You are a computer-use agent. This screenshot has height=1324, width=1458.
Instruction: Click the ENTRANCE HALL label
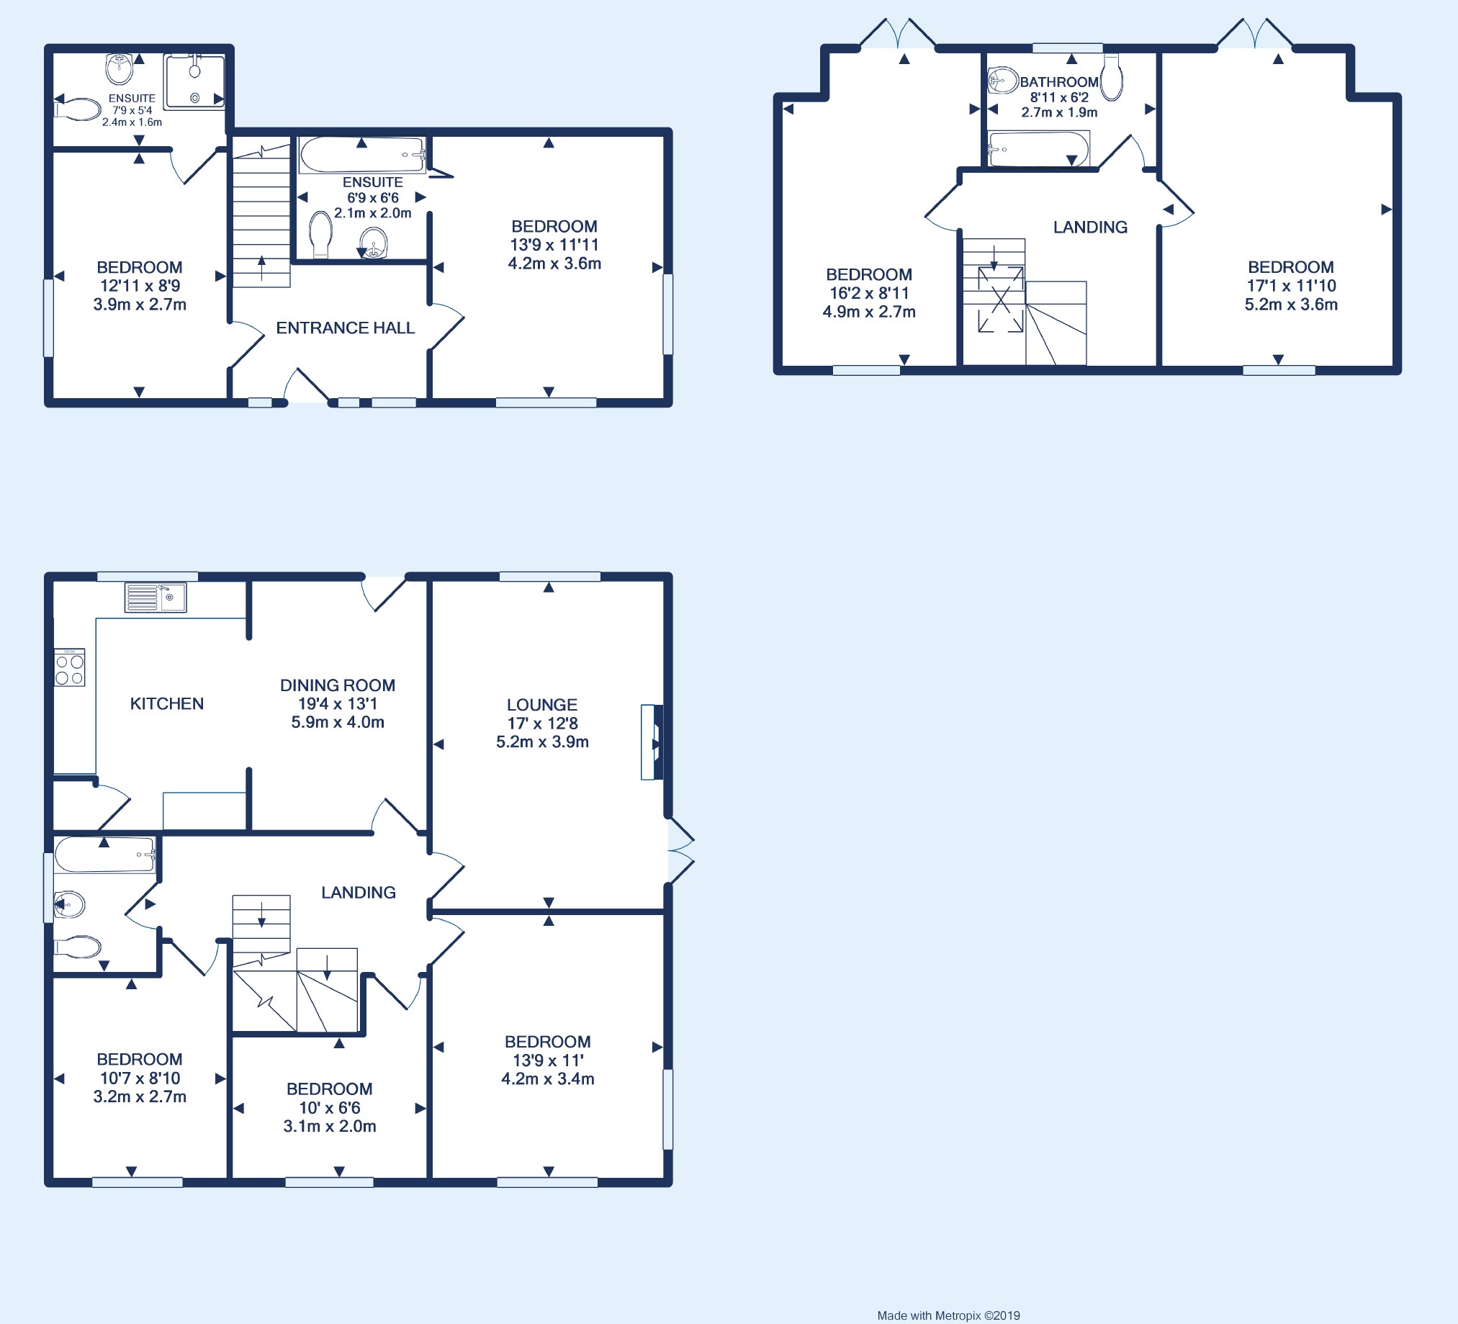345,328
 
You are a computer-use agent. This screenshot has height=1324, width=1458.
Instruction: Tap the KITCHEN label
166,703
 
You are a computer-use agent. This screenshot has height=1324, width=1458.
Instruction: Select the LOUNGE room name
541,704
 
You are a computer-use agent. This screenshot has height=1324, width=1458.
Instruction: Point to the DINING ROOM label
338,685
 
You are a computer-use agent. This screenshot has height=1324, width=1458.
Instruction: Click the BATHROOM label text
1059,81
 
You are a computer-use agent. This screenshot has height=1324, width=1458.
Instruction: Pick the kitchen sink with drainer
156,598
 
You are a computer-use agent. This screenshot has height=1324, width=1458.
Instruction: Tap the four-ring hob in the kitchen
69,667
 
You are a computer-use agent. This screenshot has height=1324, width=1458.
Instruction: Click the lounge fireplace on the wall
652,742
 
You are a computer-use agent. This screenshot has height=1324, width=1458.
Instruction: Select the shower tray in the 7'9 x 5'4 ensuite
194,81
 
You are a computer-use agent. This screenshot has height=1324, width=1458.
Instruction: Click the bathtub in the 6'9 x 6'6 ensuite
362,154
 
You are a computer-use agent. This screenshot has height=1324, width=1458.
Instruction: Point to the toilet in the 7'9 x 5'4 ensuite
77,110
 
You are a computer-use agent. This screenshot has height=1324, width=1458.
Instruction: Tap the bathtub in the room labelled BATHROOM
1038,149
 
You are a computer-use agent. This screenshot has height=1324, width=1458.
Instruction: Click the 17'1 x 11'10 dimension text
1291,286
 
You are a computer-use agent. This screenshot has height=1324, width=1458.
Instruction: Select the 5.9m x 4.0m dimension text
338,721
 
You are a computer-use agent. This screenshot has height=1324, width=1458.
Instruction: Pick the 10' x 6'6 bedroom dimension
329,1107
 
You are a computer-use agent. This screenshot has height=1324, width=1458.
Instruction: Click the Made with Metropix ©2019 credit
948,1315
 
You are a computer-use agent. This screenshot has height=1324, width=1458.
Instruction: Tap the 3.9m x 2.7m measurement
140,305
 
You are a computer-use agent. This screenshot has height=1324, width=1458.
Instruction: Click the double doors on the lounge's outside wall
680,850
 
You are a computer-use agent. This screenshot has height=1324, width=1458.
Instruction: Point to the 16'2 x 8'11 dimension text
868,293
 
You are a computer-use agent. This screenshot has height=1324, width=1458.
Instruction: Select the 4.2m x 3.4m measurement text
547,1078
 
